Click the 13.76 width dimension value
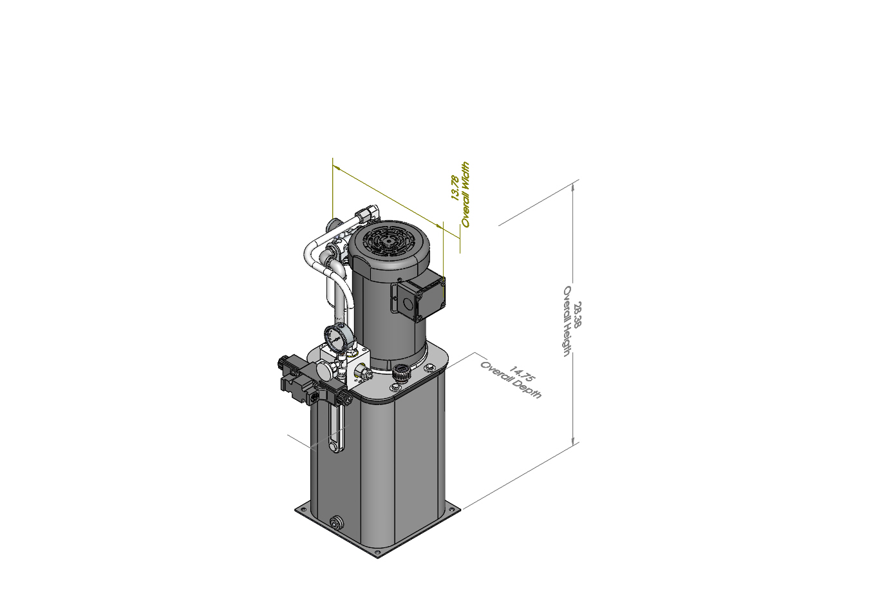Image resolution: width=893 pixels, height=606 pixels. click(x=455, y=187)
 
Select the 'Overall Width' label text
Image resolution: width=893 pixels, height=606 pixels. click(x=465, y=194)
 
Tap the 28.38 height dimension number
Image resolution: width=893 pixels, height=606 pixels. click(x=578, y=314)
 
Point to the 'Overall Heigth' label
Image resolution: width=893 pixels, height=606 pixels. click(x=567, y=321)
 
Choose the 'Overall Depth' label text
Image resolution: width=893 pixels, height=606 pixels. click(x=511, y=381)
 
